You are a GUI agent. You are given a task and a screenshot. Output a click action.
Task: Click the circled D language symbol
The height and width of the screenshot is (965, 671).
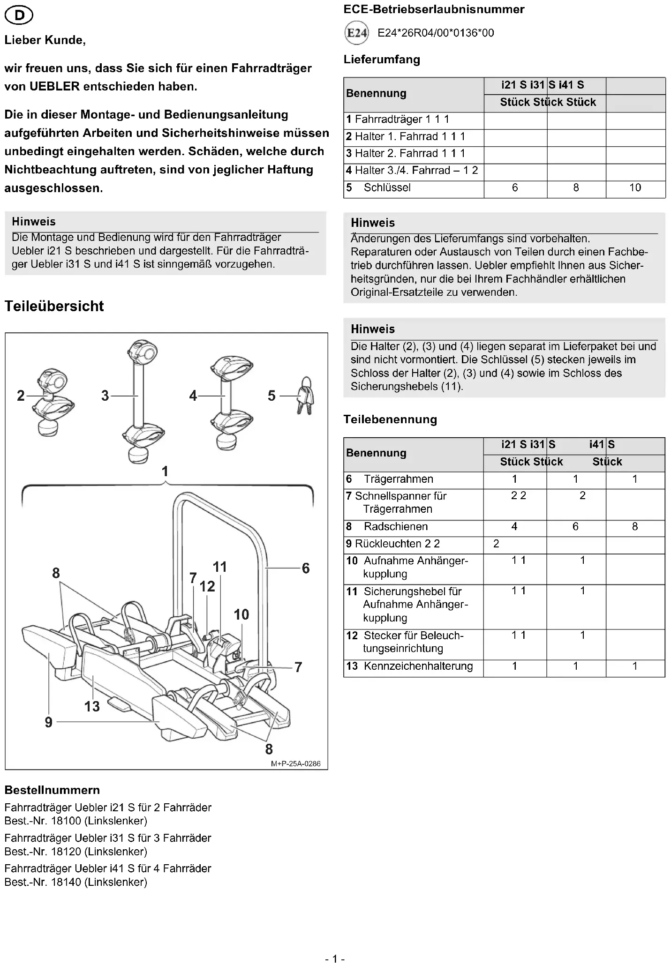click(19, 16)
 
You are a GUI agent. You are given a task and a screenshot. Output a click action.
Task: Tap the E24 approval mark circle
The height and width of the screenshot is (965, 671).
click(356, 33)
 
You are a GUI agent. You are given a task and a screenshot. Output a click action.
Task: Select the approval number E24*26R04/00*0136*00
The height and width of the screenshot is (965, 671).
click(436, 33)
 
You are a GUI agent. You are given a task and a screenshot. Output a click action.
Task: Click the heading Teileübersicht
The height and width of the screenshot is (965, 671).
click(54, 306)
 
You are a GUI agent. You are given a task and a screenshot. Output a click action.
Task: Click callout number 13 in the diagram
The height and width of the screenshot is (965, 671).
click(92, 706)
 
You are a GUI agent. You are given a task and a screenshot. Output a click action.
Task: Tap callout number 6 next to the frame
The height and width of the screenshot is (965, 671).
click(306, 568)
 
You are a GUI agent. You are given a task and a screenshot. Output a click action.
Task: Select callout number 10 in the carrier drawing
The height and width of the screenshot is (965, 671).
click(241, 614)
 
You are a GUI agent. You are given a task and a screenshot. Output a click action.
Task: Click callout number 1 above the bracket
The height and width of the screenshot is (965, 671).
click(165, 471)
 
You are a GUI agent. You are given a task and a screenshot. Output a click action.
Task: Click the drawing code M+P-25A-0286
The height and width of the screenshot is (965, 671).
click(295, 763)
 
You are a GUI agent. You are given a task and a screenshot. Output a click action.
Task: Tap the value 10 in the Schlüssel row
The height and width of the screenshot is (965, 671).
click(635, 187)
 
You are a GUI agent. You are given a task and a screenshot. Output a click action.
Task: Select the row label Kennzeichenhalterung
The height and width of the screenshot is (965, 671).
click(418, 666)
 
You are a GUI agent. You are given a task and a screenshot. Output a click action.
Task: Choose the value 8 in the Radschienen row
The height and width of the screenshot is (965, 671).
click(635, 526)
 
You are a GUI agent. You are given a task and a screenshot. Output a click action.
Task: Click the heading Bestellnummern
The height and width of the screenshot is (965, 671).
click(52, 790)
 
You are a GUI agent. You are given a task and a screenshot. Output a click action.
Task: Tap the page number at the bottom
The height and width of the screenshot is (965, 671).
click(335, 958)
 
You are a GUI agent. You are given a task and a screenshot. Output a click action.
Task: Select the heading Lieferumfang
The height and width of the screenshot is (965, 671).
click(382, 60)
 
